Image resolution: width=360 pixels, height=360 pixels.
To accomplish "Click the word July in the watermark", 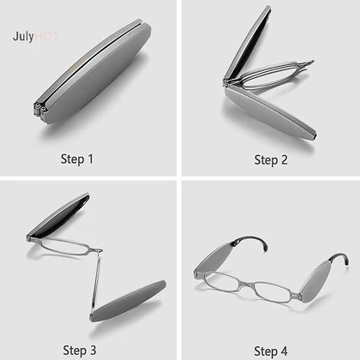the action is [x=23, y=37].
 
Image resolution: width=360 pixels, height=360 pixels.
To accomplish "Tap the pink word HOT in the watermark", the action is [x=47, y=36].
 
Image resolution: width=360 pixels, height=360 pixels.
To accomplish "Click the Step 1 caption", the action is [x=77, y=159].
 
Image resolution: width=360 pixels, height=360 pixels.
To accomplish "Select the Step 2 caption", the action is [x=271, y=160].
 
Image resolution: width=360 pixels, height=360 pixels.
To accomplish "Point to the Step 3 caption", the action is [x=80, y=351].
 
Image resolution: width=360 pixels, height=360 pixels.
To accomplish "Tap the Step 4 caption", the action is [x=271, y=351].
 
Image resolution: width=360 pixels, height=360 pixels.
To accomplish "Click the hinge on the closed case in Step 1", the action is [x=39, y=109].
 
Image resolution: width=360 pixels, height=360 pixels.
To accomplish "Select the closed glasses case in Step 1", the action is [x=92, y=71].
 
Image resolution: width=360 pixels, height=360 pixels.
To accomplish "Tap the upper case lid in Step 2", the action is [x=248, y=43].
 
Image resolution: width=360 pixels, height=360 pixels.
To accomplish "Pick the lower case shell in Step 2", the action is [x=270, y=114].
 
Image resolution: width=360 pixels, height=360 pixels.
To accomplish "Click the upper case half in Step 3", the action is [x=58, y=216].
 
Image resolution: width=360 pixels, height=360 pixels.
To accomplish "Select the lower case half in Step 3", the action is [x=128, y=301].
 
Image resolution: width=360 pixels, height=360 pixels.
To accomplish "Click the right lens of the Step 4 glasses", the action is [x=273, y=292].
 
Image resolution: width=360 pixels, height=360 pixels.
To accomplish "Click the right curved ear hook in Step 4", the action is [x=340, y=257].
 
